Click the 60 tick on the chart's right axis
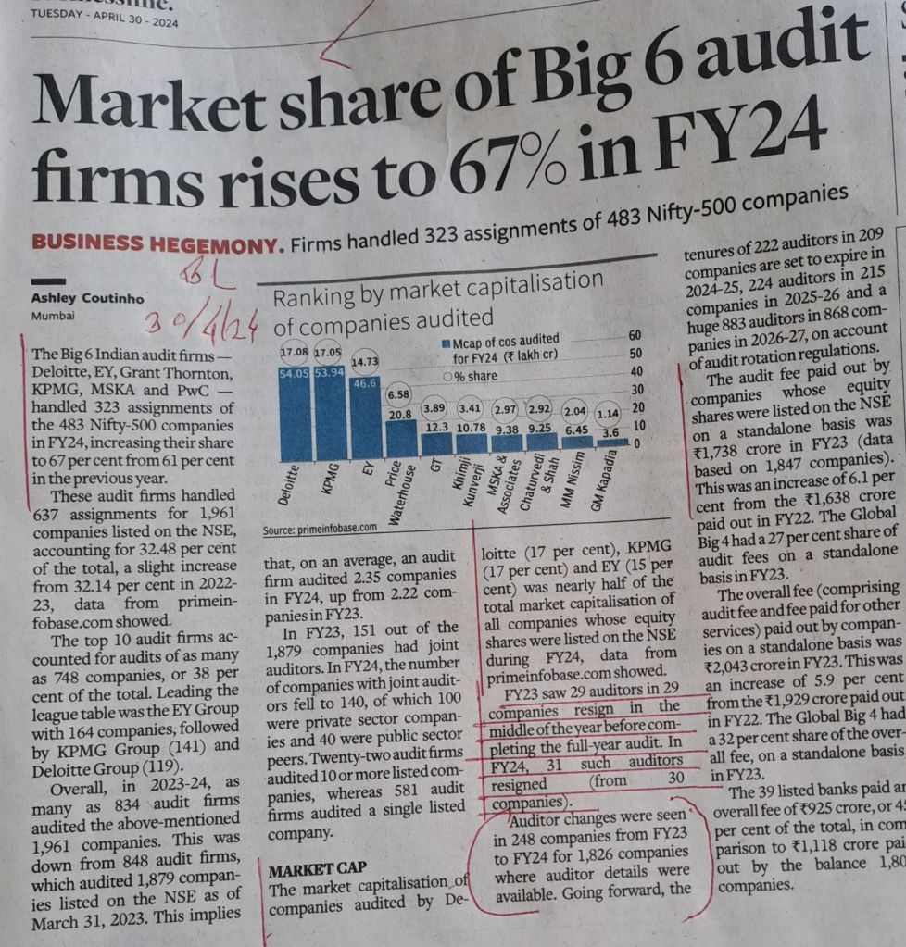click(635, 335)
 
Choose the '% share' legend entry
click(475, 377)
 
